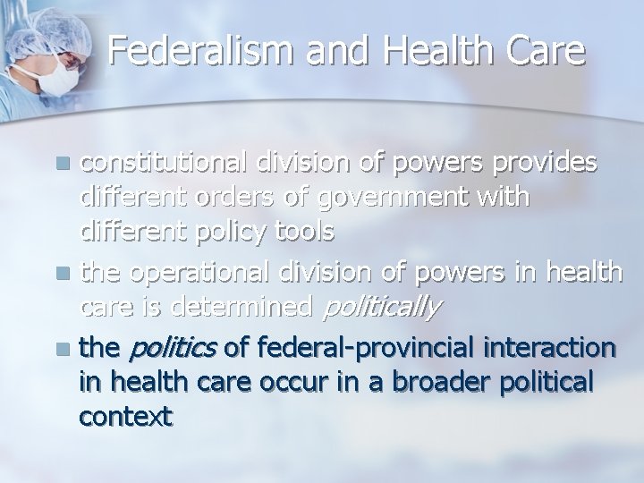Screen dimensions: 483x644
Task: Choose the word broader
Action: pyautogui.click(x=426, y=381)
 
